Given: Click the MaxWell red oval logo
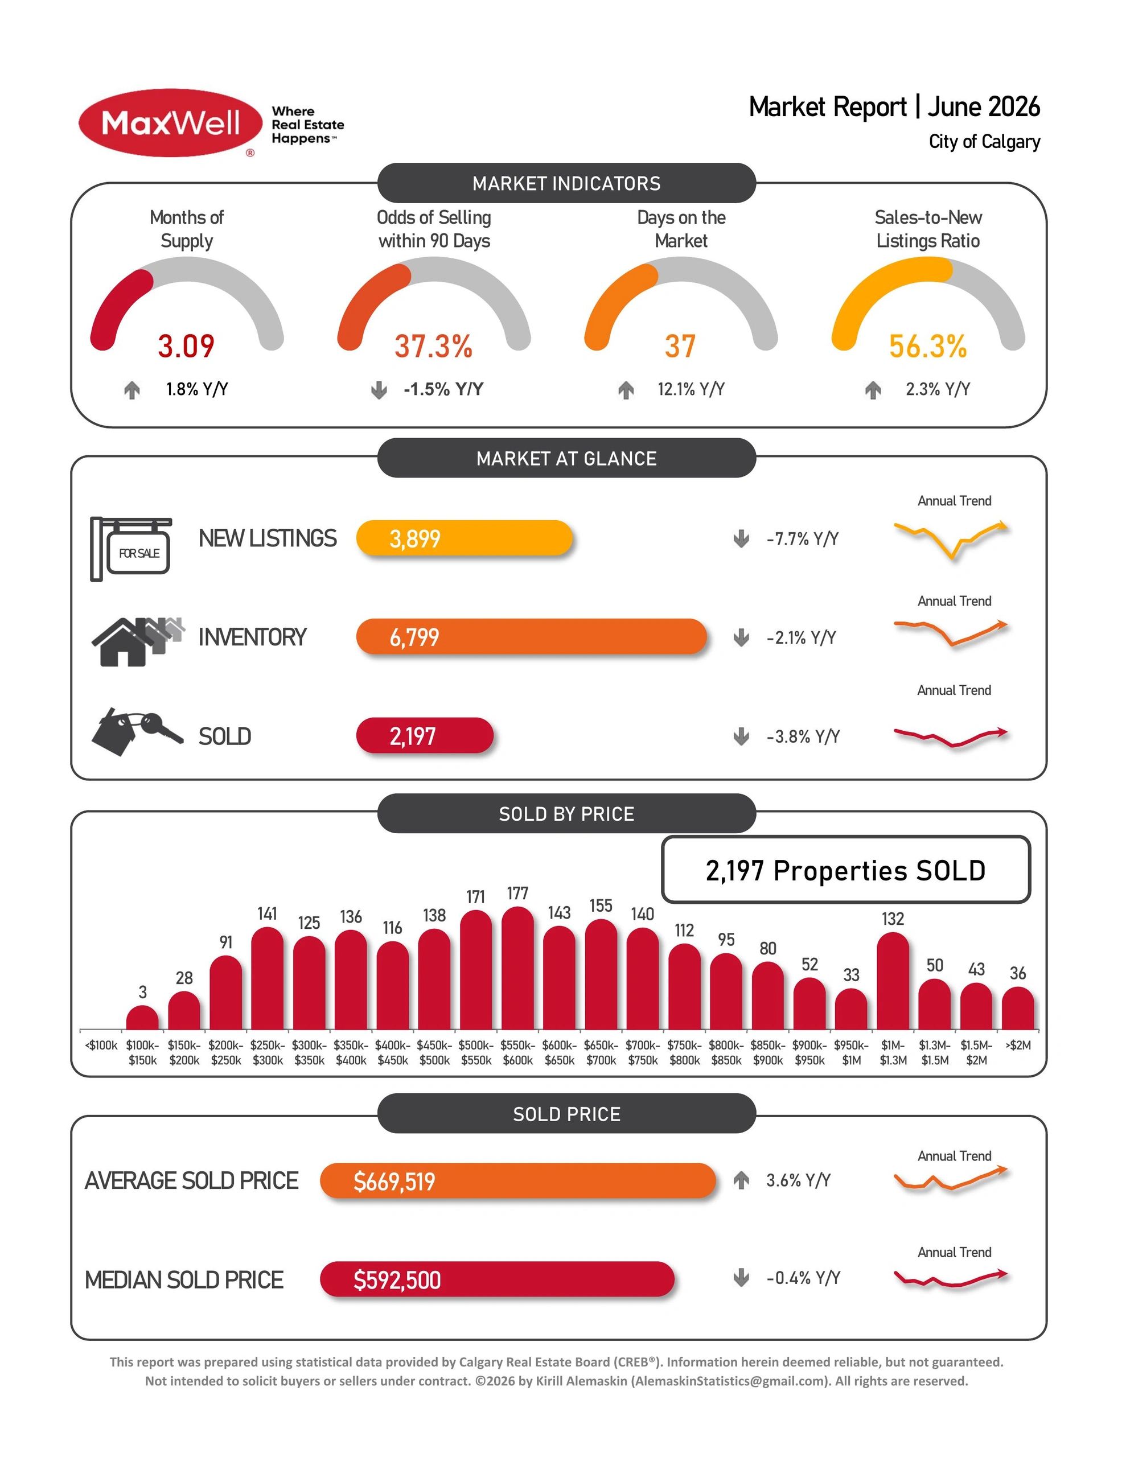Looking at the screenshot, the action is point(170,124).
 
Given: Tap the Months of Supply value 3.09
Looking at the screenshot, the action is point(186,345).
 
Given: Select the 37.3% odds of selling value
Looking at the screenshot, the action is point(433,345).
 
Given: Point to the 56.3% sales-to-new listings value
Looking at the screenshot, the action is point(928,345).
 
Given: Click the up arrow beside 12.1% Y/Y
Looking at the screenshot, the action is point(626,390).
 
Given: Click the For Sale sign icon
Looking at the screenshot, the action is point(131,549).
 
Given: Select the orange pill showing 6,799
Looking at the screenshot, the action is point(531,636).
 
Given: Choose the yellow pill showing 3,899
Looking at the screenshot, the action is point(465,538).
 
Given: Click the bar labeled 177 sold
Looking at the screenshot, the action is point(517,968).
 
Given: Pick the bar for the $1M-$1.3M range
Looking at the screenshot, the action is point(893,981).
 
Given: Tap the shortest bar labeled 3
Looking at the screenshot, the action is point(142,1018).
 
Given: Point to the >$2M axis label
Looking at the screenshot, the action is point(1018,1046).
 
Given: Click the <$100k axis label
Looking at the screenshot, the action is point(101,1046).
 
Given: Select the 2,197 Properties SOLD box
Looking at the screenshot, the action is point(846,869).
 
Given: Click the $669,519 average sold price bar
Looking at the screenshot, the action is point(518,1181).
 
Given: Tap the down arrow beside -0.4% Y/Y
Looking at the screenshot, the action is point(741,1278).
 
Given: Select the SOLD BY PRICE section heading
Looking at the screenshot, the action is point(566,814).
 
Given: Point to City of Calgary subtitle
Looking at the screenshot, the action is point(984,142).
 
